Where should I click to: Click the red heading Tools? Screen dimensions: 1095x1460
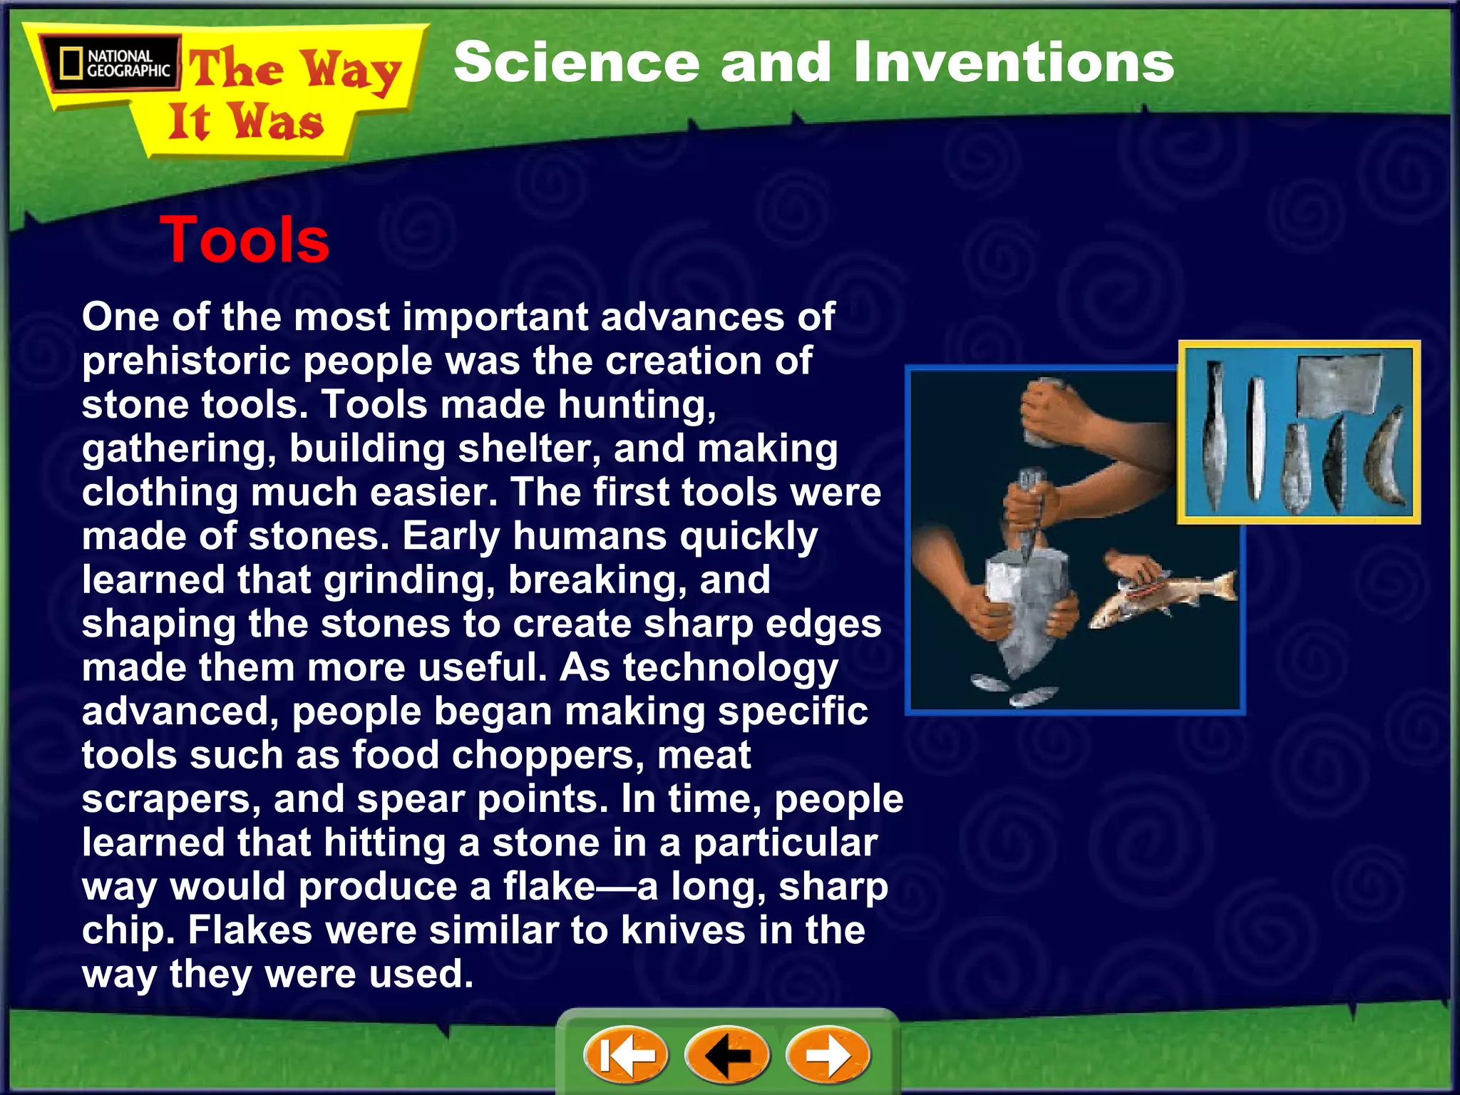(x=245, y=240)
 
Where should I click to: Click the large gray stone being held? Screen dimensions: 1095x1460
(x=1027, y=606)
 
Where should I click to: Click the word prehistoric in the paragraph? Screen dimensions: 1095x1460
(x=186, y=361)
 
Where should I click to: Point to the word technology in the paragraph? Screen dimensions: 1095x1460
(x=730, y=668)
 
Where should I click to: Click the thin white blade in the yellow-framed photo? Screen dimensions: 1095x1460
(x=1256, y=438)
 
